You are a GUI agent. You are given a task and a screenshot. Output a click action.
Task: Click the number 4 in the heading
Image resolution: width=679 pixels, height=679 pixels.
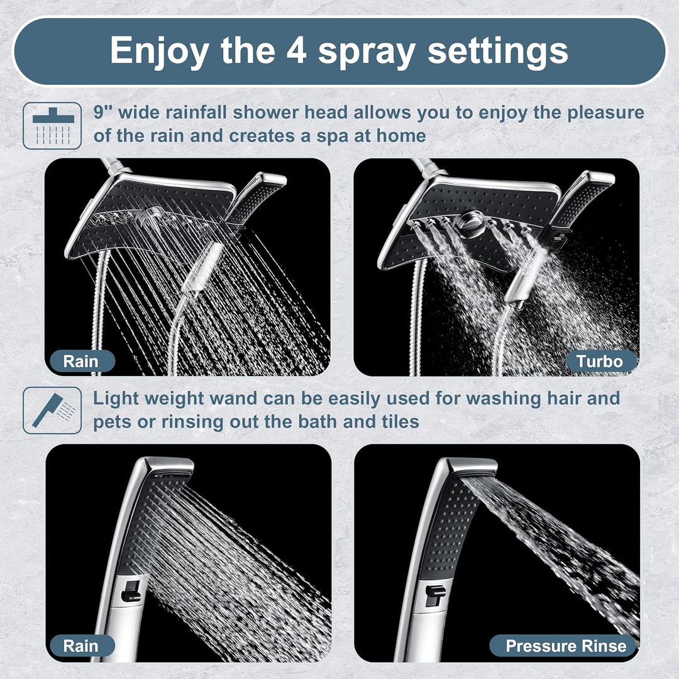tap(295, 50)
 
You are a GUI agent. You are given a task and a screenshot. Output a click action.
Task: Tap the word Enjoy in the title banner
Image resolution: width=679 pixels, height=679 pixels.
tap(155, 50)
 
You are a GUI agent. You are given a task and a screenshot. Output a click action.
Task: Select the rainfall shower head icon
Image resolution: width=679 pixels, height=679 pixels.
tap(52, 126)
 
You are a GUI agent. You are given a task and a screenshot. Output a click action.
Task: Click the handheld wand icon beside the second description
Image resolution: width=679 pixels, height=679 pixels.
tap(52, 410)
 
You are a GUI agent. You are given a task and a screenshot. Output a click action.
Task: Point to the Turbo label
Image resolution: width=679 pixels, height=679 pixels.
tap(600, 361)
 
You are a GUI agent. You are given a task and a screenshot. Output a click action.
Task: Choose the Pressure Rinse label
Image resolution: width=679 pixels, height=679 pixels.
tap(566, 645)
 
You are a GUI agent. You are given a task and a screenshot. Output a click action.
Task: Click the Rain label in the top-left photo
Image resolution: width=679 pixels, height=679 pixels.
tap(81, 361)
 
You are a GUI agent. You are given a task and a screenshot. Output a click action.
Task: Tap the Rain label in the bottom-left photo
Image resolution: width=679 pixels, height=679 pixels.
tap(81, 645)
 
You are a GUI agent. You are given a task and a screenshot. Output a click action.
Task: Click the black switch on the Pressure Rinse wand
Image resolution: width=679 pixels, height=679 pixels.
tap(433, 594)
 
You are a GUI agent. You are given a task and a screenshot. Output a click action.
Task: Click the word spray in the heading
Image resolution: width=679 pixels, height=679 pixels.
tap(368, 52)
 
